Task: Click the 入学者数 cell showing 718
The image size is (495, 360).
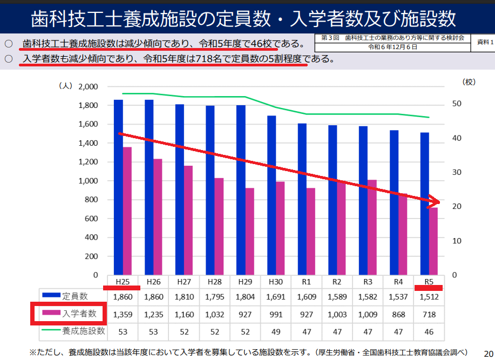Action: (429, 314)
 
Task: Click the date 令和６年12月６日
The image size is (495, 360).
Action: (392, 47)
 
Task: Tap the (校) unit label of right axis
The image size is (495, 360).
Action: (469, 82)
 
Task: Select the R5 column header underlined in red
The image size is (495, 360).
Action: (429, 281)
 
